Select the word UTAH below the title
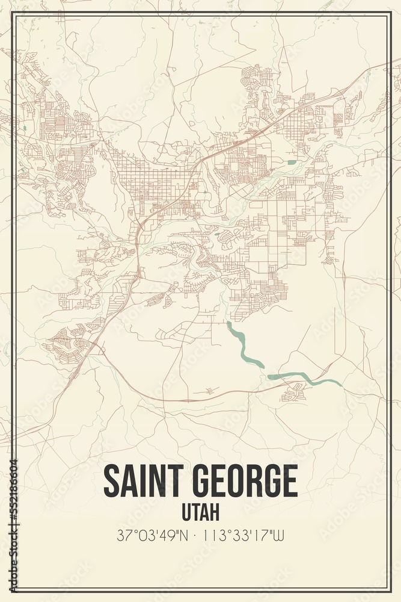click(200, 512)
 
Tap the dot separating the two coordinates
click(199, 535)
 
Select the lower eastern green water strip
click(303, 378)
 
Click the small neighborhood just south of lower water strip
click(295, 393)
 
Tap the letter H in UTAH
click(214, 512)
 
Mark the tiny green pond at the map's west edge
click(26, 128)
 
